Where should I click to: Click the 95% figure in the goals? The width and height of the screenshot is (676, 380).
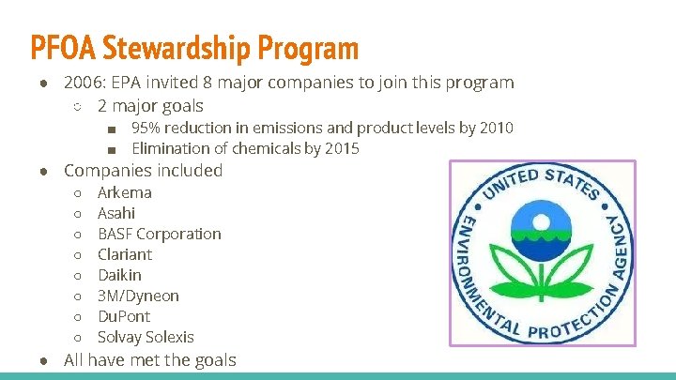pos(144,128)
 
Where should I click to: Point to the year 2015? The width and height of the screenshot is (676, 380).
pos(341,148)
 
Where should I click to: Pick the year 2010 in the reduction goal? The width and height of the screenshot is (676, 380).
pos(495,128)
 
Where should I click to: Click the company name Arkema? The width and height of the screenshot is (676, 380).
pos(125,192)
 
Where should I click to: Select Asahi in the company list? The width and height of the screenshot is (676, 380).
pos(116,213)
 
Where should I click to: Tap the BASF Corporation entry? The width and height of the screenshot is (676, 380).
pos(160,234)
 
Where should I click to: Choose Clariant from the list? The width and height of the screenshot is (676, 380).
pos(125,254)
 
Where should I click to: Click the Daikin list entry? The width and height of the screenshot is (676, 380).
pos(120,275)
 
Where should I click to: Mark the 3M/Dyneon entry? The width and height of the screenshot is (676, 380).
pos(138,296)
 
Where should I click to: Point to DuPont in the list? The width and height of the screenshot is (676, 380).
pos(124,316)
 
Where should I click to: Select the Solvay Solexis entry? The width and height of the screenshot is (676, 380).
pos(146,337)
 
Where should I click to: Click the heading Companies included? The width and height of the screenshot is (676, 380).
pos(143,171)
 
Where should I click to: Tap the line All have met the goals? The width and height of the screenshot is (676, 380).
pos(149,360)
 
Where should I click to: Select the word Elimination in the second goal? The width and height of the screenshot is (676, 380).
pos(170,148)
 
